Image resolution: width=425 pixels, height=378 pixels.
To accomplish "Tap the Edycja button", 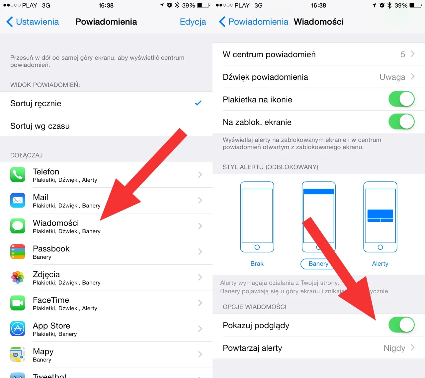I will pyautogui.click(x=193, y=22).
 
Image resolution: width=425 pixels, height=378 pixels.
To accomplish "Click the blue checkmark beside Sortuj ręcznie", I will pyautogui.click(x=198, y=103).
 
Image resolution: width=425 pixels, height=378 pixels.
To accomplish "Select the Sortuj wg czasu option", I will pyautogui.click(x=40, y=126).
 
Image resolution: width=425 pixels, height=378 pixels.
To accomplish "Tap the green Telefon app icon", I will pyautogui.click(x=18, y=175).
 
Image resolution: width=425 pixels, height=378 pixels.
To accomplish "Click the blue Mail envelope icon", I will pyautogui.click(x=18, y=200).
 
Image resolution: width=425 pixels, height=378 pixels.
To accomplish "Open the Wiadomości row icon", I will pyautogui.click(x=18, y=226).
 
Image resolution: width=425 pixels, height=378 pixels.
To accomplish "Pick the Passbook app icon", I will pyautogui.click(x=18, y=251).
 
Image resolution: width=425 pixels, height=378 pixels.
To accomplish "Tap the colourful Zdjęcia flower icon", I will pyautogui.click(x=18, y=277).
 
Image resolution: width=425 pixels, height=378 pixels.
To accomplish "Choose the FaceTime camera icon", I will pyautogui.click(x=18, y=303).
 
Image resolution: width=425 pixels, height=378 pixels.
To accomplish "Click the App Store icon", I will pyautogui.click(x=18, y=329).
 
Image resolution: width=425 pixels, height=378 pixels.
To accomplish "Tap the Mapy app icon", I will pyautogui.click(x=18, y=354).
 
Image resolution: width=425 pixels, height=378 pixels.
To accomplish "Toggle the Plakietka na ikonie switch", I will pyautogui.click(x=401, y=99).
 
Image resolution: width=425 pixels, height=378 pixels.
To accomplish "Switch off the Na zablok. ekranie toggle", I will pyautogui.click(x=401, y=122).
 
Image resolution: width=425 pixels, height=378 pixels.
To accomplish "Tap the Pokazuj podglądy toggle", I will pyautogui.click(x=401, y=325).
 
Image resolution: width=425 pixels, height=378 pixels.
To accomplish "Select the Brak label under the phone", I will pyautogui.click(x=257, y=264).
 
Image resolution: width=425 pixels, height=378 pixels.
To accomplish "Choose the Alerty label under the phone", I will pyautogui.click(x=380, y=264).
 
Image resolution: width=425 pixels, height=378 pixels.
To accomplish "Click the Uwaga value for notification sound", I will pyautogui.click(x=392, y=77).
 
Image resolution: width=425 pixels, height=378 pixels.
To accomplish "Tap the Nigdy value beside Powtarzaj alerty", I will pyautogui.click(x=394, y=348).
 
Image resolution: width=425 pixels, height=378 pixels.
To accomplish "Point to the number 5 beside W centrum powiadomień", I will pyautogui.click(x=403, y=54).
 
